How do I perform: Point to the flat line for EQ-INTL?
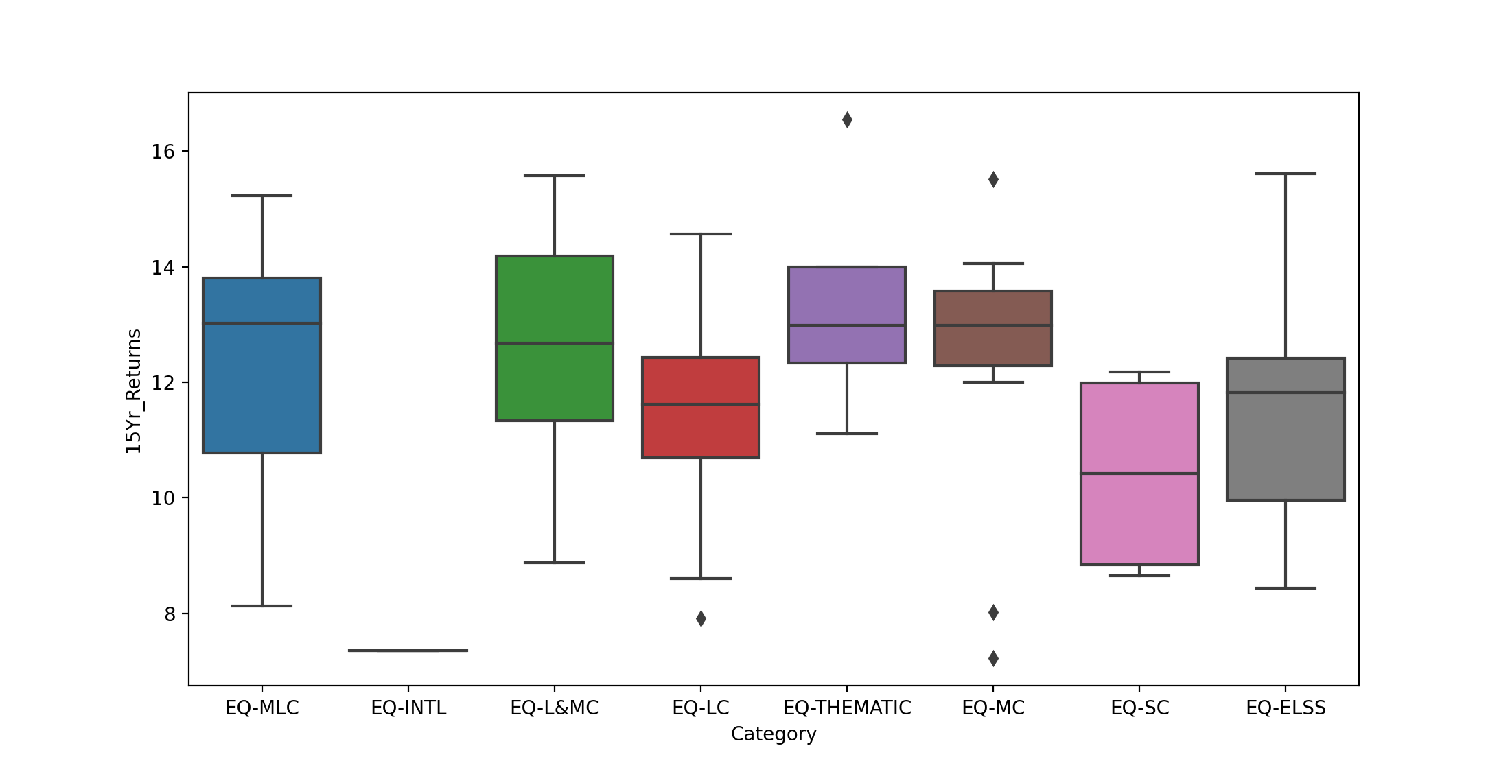click(x=408, y=650)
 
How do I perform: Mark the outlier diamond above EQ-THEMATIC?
click(x=847, y=120)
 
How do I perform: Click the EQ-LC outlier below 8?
click(x=701, y=618)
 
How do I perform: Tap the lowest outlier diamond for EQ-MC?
click(x=993, y=658)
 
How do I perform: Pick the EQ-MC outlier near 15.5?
click(x=993, y=180)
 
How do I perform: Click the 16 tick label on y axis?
click(x=163, y=152)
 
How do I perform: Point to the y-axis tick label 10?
click(x=163, y=498)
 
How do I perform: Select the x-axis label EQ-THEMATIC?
click(x=847, y=708)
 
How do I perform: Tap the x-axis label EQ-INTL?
click(x=408, y=708)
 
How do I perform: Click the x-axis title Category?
click(x=774, y=734)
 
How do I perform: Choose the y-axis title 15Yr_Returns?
click(x=133, y=390)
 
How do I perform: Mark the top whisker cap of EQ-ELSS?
click(x=1286, y=174)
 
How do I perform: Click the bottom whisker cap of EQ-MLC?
click(x=262, y=606)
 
